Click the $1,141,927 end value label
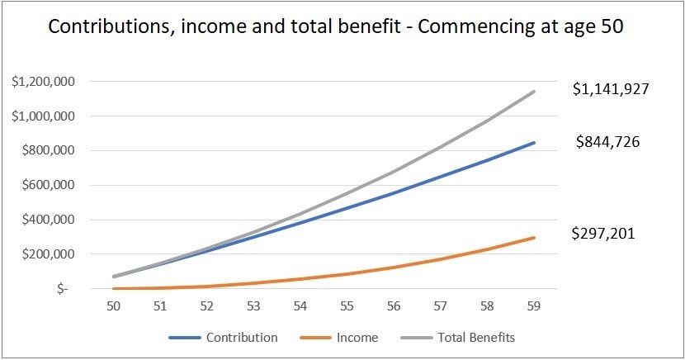[613, 89]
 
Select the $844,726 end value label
[607, 142]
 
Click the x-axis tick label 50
[116, 306]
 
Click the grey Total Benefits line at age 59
[534, 92]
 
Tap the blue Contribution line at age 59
[534, 143]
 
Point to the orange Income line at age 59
[534, 238]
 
